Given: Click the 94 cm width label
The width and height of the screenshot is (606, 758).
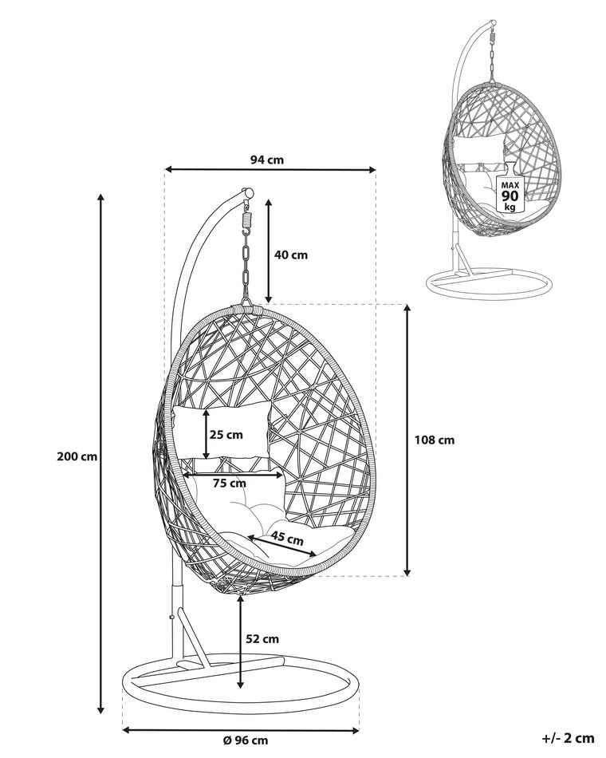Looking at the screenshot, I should (267, 160).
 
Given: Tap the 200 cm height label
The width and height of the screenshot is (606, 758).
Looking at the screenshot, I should (77, 457).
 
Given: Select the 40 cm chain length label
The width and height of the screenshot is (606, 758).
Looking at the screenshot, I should (290, 255).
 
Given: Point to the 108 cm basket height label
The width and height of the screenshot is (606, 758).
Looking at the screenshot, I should (435, 440).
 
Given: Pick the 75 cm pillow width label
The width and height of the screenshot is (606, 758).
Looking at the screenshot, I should (229, 484).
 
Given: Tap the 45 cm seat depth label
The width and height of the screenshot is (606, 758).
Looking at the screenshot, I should (288, 539).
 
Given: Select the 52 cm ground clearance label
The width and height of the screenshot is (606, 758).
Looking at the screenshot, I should (262, 638).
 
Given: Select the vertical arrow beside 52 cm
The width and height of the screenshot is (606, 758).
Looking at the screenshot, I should (241, 642).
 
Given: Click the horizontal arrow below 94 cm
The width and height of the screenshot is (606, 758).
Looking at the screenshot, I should (270, 169).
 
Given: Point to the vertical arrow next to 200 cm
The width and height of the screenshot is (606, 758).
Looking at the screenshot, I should (101, 455).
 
